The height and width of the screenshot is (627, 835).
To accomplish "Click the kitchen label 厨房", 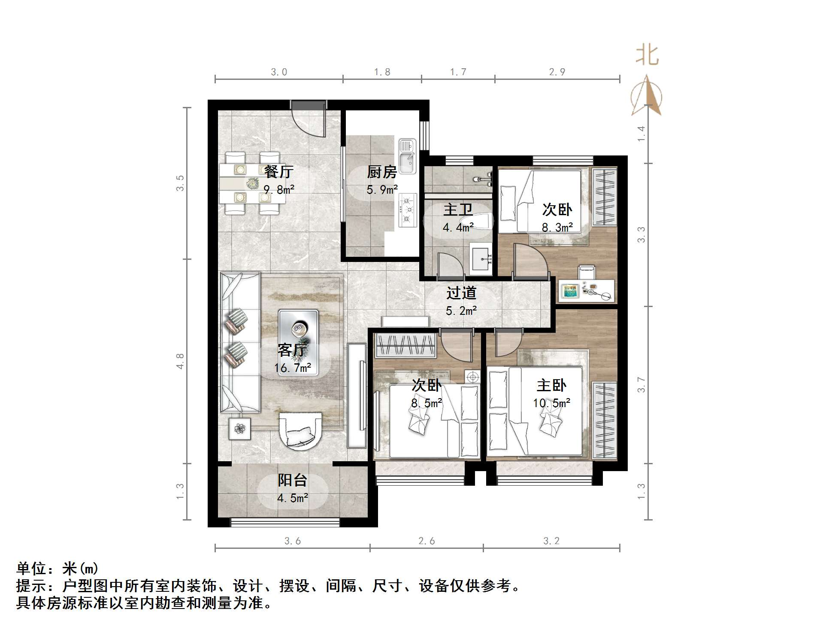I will pyautogui.click(x=381, y=172).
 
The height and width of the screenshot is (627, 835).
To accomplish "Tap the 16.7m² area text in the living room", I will pyautogui.click(x=293, y=368).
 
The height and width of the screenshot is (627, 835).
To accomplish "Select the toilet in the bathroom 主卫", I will pyautogui.click(x=481, y=222).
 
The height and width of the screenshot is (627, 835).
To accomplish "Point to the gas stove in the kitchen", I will pyautogui.click(x=408, y=210).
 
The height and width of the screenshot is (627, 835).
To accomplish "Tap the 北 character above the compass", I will pyautogui.click(x=647, y=56).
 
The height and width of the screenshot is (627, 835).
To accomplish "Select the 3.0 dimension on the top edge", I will pyautogui.click(x=279, y=72).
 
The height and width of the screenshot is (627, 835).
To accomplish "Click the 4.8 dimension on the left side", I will pyautogui.click(x=180, y=361).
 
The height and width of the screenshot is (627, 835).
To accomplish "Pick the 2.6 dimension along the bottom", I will pyautogui.click(x=427, y=541).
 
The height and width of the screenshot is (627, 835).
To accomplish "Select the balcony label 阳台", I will pyautogui.click(x=293, y=480).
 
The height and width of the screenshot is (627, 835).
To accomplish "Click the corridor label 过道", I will pyautogui.click(x=461, y=293).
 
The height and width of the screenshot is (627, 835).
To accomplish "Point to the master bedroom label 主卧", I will pyautogui.click(x=551, y=385).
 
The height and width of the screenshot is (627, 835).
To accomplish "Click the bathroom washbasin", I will pyautogui.click(x=481, y=258).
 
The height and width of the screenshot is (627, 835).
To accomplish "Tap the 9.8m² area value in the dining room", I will pyautogui.click(x=279, y=189).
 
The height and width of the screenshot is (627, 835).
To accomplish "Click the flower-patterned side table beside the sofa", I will pyautogui.click(x=239, y=428).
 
